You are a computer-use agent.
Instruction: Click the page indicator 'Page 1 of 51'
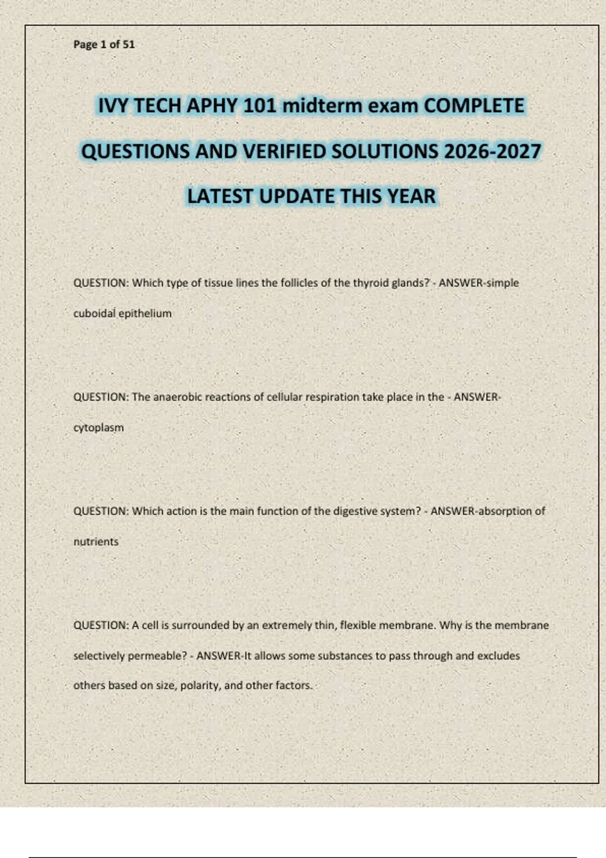104,44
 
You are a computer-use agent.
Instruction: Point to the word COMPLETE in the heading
474,106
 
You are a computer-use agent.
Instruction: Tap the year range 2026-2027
492,151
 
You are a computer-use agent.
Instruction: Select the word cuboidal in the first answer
94,313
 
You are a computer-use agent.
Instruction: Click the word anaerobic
177,397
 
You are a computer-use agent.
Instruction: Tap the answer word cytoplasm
98,428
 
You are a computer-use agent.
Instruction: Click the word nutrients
96,542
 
